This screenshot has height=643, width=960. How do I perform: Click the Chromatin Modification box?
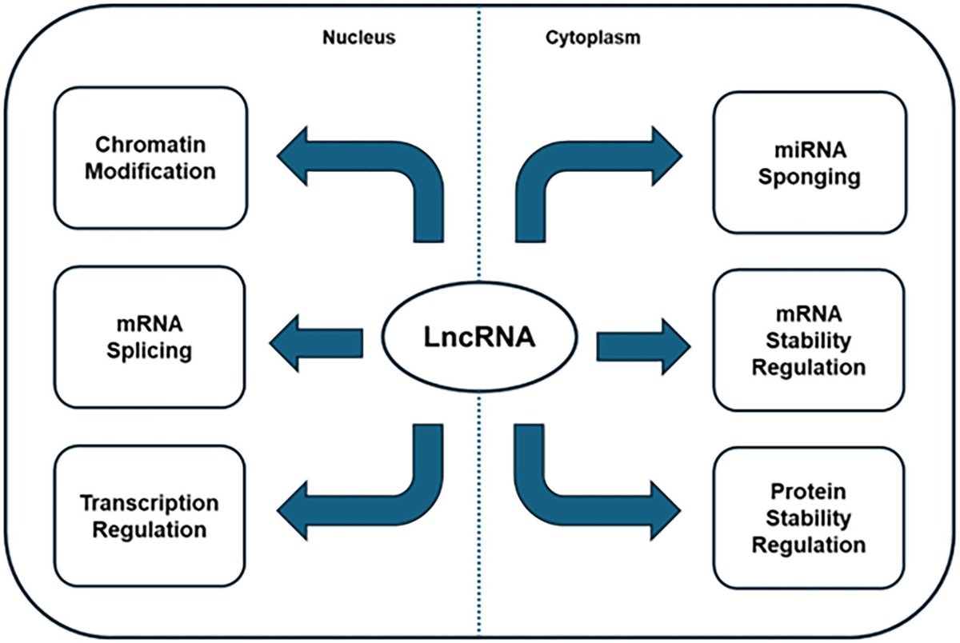coord(150,158)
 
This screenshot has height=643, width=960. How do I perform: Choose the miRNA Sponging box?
coord(810,162)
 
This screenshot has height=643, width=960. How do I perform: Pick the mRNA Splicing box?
coord(150,337)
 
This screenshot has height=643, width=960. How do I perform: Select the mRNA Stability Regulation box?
coord(810,340)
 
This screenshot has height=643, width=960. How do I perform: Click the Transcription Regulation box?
coord(150,516)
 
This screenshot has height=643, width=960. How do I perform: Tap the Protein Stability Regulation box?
coord(810,517)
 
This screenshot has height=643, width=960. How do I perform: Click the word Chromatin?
coord(150,145)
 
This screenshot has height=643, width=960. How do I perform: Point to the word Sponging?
coord(810,176)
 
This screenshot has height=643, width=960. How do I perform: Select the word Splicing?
coord(151,350)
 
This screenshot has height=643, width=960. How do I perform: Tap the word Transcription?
coord(150,503)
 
